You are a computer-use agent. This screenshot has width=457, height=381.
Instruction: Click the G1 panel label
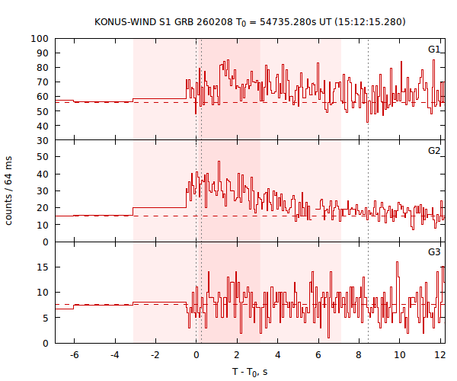(433, 50)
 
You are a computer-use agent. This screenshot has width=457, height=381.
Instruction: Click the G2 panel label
(433, 151)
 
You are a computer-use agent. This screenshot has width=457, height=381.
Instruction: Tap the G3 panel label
(433, 252)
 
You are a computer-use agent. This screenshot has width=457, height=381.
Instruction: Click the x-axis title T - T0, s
(250, 371)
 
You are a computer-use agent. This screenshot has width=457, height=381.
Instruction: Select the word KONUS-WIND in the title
(123, 21)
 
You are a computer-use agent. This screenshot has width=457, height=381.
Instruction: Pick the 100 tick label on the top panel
(41, 39)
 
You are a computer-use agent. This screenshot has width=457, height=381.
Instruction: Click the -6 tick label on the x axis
(74, 355)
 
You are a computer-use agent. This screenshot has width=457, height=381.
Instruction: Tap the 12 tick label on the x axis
(439, 355)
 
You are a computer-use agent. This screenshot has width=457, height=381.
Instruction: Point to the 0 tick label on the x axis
(197, 355)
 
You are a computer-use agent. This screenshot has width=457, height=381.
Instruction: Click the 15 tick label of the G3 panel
(44, 267)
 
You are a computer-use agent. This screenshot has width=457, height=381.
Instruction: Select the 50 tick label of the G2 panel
(44, 157)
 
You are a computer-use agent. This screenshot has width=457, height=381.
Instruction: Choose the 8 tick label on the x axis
(359, 355)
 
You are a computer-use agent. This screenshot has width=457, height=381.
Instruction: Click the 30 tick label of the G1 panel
(44, 140)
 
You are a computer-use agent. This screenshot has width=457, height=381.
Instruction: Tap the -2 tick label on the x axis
(155, 355)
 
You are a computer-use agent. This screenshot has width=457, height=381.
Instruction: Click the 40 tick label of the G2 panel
(44, 174)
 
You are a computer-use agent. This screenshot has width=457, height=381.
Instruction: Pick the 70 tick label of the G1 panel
(44, 82)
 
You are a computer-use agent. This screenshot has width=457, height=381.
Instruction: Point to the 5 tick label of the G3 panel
(46, 318)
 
